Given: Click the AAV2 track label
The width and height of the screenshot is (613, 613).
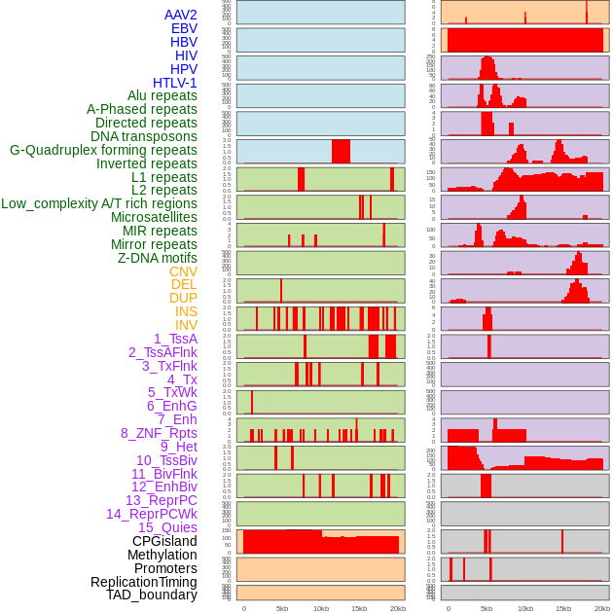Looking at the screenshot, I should pos(181,15).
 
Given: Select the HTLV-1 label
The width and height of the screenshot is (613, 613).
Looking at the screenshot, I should pos(175,83).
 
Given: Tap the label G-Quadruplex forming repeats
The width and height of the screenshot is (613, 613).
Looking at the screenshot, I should pos(103,150).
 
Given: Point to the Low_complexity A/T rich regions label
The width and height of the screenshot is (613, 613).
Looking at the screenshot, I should pos(99,203).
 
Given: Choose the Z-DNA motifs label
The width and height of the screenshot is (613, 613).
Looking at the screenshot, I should pos(158,258).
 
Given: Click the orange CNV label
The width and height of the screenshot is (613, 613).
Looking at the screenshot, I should pos(183,271).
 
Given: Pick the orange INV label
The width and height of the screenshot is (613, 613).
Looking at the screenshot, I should pos(186,325).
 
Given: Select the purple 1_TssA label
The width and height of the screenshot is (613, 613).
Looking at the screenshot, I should pos(175,339).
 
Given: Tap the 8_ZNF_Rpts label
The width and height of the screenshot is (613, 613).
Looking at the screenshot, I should pos(159,433).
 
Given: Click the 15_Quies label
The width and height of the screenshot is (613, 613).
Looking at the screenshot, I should pos(167,527).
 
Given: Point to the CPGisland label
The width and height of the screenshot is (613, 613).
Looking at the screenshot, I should pos(164,541).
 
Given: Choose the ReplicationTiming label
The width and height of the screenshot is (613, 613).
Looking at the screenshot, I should pos(144,582).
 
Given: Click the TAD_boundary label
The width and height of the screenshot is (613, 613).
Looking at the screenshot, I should pos(152,595).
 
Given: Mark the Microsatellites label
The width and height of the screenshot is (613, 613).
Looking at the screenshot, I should pos(154,217).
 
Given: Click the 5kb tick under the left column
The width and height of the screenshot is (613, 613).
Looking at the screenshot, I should pos(282,608).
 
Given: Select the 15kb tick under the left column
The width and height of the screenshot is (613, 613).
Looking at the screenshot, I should pos(359,608).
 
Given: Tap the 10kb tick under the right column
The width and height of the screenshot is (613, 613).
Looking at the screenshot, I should pos(525,608).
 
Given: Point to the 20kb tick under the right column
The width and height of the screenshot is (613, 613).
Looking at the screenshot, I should pos(602,608).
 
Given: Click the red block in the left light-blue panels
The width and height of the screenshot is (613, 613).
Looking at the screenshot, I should pos(341,151).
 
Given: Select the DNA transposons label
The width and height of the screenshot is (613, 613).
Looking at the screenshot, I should pos(144,136).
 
